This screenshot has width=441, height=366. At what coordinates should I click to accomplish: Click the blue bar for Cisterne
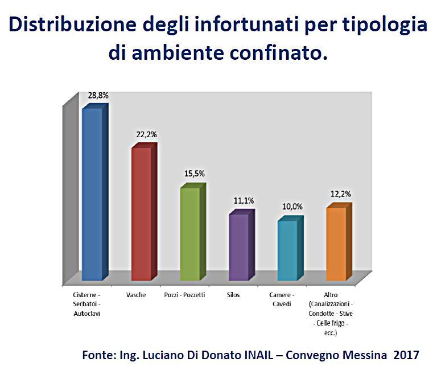tap(92, 194)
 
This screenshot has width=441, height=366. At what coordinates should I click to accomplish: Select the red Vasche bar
tap(142, 213)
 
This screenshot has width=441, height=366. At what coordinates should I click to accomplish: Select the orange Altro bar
tap(336, 244)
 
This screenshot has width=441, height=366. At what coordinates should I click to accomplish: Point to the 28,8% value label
tap(98, 96)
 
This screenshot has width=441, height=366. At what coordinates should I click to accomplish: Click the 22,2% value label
tap(146, 135)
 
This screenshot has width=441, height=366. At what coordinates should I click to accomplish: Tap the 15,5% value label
tap(195, 174)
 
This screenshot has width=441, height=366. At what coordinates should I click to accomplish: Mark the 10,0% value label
tap(292, 207)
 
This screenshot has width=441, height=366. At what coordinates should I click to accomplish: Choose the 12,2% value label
tap(340, 194)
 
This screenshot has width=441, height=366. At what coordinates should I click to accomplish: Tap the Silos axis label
tap(233, 295)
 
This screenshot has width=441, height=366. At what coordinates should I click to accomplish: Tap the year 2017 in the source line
tap(407, 354)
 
